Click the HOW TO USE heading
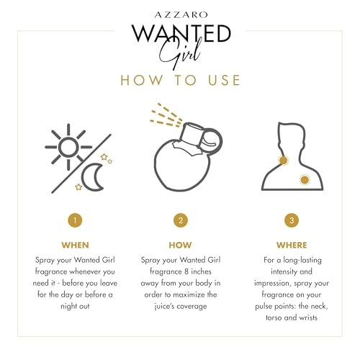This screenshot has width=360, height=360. [179, 79]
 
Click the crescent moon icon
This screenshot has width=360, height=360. [93, 176]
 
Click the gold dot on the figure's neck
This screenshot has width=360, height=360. [284, 160]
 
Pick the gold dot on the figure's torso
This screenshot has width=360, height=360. [305, 179]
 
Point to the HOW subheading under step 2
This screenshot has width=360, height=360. [180, 245]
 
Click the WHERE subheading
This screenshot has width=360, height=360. [292, 245]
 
